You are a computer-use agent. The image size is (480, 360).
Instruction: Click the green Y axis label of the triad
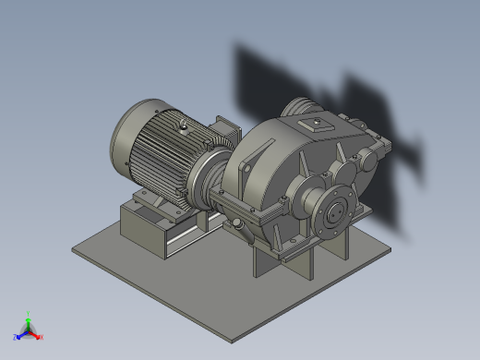click(x=29, y=314)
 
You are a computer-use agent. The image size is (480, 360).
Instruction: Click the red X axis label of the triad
click(x=42, y=337)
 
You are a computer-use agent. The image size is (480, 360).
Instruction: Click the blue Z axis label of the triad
click(x=16, y=337)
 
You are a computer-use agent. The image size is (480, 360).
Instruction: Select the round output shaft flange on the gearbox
click(x=333, y=211)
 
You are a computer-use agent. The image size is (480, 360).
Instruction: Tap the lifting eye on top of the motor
click(x=185, y=123)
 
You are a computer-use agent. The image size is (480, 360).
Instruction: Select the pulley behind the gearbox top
click(x=298, y=106)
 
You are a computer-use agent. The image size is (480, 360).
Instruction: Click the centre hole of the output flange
click(x=333, y=212)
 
